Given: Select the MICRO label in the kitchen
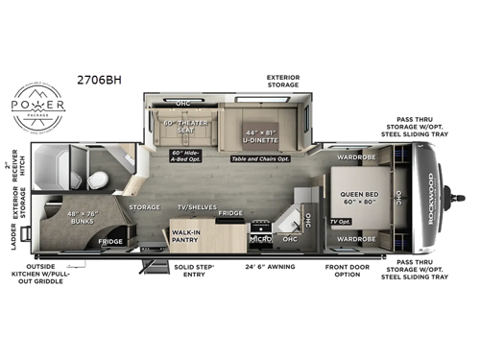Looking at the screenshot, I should tap(260, 236).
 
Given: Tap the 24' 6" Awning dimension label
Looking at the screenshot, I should tap(270, 269).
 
